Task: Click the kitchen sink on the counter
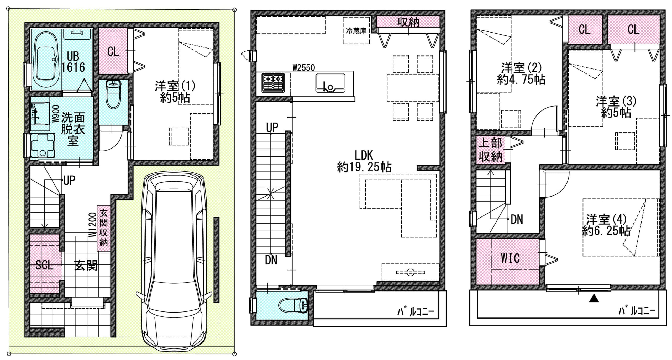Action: click(x=330, y=83)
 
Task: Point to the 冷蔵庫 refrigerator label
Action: click(x=356, y=31)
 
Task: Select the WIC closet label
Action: click(x=510, y=258)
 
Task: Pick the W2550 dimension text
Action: click(x=304, y=68)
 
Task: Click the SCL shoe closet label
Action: click(x=44, y=265)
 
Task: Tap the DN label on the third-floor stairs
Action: click(x=517, y=220)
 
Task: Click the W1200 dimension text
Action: click(x=92, y=225)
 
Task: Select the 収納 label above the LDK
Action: click(x=408, y=22)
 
